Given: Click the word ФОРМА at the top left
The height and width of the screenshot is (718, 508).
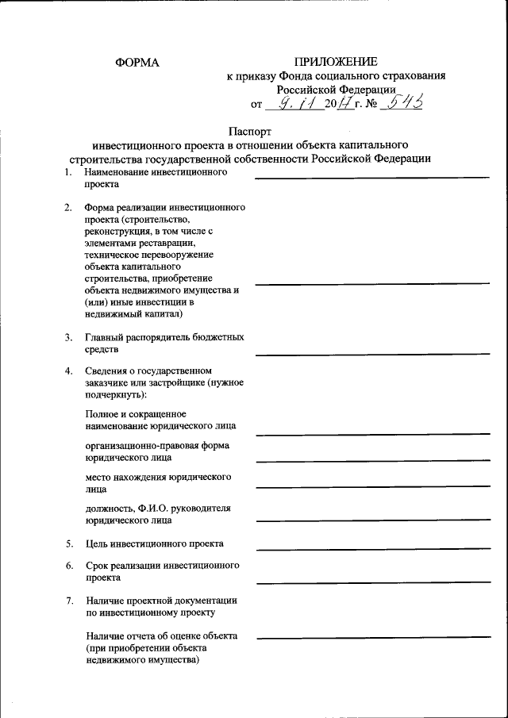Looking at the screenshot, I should click(137, 62).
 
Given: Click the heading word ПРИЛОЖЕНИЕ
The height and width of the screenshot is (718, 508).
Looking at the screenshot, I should click(336, 61).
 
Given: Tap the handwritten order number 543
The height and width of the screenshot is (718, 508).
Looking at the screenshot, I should click(403, 102).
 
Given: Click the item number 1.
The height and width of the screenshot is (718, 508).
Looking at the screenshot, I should click(68, 171).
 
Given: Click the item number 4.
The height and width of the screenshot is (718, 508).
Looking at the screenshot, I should click(68, 371).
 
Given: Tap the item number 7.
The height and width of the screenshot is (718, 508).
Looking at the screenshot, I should click(69, 600).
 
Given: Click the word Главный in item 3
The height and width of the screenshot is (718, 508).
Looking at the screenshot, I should click(104, 337).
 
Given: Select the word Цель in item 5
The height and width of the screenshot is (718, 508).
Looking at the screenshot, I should click(98, 543).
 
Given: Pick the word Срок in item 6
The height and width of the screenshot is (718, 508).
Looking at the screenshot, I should click(98, 566).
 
